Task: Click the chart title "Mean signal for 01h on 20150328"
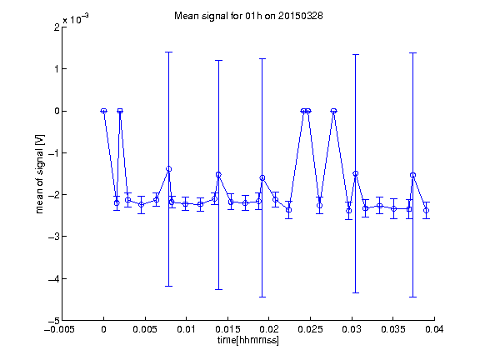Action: tap(248, 16)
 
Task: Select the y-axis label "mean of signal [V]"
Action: tap(40, 174)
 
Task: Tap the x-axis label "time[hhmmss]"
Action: tap(248, 340)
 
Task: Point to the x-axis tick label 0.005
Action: tap(145, 329)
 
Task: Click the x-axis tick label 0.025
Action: tap(310, 329)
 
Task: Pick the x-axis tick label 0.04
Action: tap(434, 329)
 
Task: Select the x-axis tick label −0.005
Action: tap(59, 329)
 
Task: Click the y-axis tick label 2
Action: tap(57, 27)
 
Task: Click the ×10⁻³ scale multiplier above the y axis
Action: tap(76, 19)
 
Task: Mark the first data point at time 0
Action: tap(104, 111)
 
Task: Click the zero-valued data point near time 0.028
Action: tap(333, 111)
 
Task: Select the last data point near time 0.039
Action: tap(426, 210)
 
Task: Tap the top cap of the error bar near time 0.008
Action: tap(168, 52)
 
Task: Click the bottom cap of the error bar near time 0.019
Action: tap(262, 297)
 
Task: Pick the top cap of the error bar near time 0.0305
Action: tap(355, 54)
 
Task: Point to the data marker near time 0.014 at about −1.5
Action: tap(218, 175)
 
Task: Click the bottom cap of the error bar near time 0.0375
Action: tap(413, 297)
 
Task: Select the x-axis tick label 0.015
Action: tap(227, 329)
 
